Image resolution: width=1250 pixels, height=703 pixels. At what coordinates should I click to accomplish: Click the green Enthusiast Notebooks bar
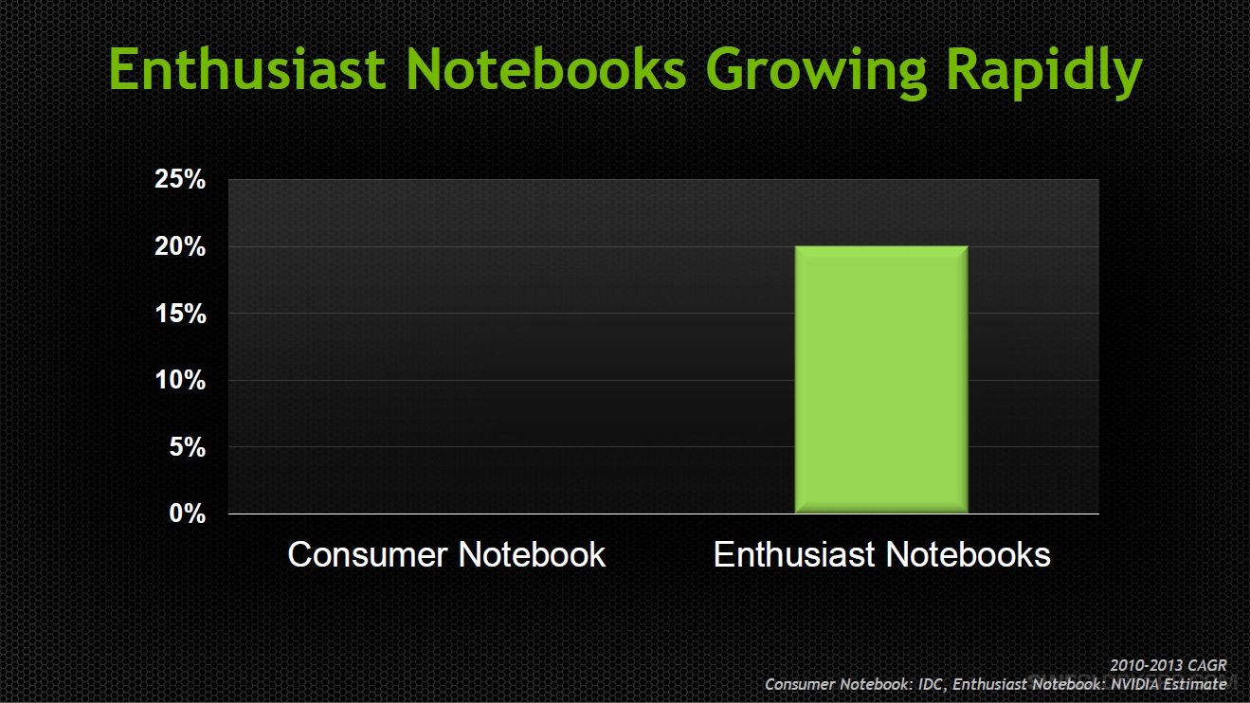[x=881, y=379]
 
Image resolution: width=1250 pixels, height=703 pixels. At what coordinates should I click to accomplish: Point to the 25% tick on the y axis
[x=180, y=180]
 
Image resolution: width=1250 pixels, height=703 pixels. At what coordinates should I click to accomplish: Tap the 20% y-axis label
[x=180, y=246]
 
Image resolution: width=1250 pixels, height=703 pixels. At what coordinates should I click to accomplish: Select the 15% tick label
[x=180, y=314]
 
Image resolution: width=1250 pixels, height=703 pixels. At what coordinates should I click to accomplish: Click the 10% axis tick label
[x=180, y=381]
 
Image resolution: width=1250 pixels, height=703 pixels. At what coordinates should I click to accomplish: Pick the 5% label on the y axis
[x=187, y=447]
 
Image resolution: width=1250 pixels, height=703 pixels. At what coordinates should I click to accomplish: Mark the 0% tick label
[x=187, y=514]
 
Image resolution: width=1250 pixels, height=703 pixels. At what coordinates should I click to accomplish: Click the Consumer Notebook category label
[x=446, y=554]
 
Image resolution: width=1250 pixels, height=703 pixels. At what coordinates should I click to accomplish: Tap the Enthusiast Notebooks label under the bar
[x=881, y=554]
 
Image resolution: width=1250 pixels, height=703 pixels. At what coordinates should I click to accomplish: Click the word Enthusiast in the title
[x=247, y=68]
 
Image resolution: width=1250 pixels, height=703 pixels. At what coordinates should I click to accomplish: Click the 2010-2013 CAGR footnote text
[x=1168, y=666]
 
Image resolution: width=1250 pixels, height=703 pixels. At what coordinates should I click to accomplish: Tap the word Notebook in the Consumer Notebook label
[x=532, y=554]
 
